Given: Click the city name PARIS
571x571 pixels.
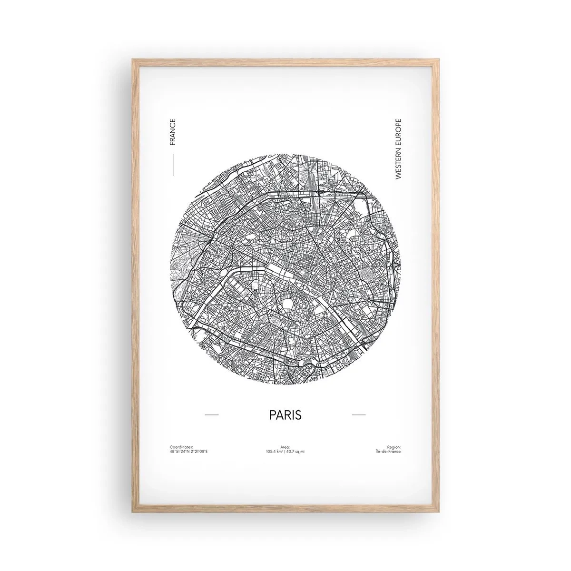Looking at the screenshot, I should [x=285, y=414].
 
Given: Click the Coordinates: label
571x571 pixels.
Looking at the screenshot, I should [x=181, y=447].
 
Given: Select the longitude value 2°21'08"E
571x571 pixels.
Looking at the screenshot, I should [x=199, y=451].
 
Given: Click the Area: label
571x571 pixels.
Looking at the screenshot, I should [x=285, y=447].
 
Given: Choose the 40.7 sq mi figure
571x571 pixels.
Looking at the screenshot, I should [x=295, y=451].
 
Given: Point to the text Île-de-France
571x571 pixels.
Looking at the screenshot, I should [x=388, y=451].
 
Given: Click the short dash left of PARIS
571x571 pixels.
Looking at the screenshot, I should [x=211, y=415].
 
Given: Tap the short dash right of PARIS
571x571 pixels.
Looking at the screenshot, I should [x=359, y=415].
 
